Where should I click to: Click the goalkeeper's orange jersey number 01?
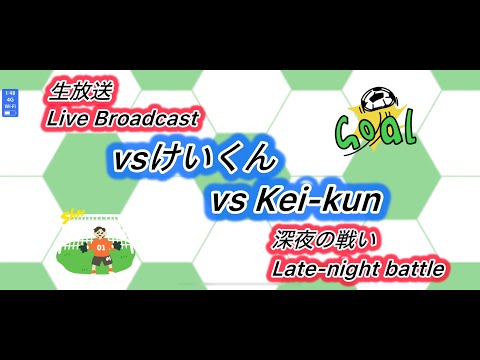100,245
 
